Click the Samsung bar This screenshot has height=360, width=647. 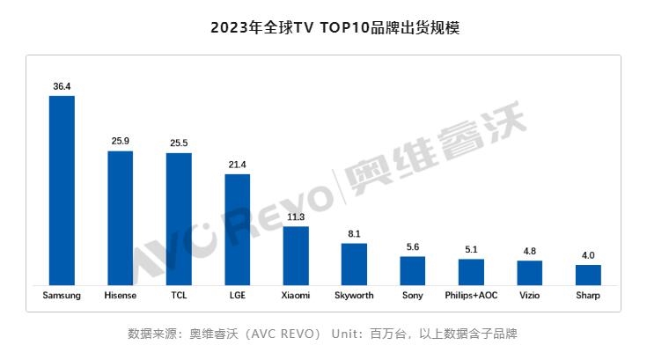(62, 189)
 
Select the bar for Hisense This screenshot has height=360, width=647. (120, 217)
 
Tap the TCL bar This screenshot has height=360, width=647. (179, 218)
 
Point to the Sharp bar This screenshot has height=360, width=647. (588, 274)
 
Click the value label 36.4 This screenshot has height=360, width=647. (62, 86)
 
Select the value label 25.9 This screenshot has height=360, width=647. (120, 141)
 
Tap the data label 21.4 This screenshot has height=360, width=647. (238, 165)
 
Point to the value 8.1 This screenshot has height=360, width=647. (354, 234)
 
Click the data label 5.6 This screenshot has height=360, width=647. (412, 247)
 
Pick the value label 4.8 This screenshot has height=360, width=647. (529, 251)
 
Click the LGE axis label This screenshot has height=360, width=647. (238, 296)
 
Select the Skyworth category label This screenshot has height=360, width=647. (354, 296)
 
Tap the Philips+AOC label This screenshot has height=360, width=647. (471, 296)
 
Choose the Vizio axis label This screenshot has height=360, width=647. (529, 296)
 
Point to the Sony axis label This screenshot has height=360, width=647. (412, 296)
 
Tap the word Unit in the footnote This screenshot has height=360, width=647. (346, 334)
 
